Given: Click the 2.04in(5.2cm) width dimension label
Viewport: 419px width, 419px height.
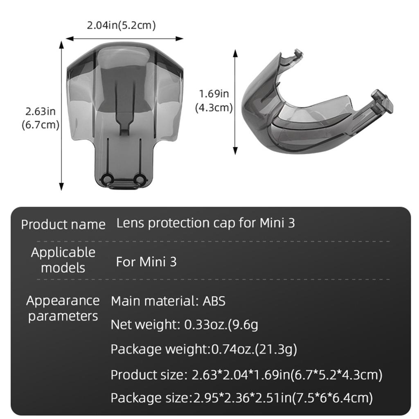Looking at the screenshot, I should click(x=121, y=25).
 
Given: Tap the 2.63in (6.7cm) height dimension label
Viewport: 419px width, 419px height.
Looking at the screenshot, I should click(x=40, y=118).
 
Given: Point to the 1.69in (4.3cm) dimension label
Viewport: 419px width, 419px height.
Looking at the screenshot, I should click(x=214, y=101).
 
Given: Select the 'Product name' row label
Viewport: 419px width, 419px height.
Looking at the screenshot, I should click(x=63, y=225).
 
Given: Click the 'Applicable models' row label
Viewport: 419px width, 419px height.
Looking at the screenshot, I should click(x=63, y=260).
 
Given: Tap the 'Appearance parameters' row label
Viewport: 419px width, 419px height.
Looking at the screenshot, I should click(x=63, y=308).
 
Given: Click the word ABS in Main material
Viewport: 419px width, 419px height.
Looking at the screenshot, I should click(x=214, y=302).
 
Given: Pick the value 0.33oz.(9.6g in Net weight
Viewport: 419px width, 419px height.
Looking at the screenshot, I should click(x=221, y=325).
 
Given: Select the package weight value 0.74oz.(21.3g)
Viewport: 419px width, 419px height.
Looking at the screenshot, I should click(x=254, y=349).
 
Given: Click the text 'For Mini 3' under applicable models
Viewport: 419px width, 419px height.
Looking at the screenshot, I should click(x=146, y=262).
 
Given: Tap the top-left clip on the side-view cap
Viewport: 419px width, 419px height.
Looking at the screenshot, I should click(x=296, y=54).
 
